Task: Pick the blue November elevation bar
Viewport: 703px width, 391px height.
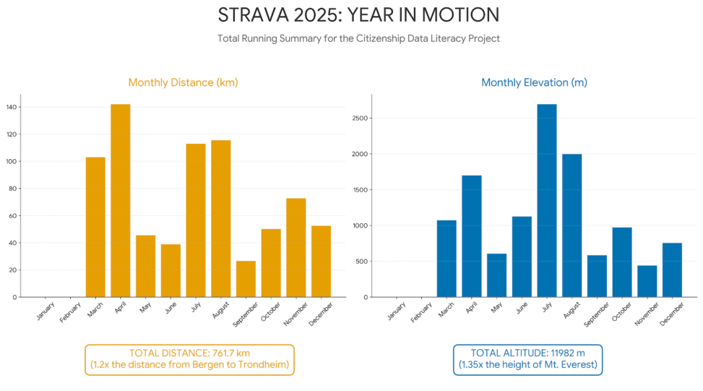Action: tap(647, 281)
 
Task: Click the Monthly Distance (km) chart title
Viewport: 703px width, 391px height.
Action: tap(183, 82)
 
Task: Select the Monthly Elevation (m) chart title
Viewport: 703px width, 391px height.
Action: tap(534, 82)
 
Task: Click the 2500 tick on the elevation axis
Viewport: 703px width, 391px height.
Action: tap(361, 118)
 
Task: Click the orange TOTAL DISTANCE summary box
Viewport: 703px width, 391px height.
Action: tap(189, 359)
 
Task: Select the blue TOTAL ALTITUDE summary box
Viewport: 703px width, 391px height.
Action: tap(527, 359)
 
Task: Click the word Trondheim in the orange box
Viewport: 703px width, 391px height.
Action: tap(264, 366)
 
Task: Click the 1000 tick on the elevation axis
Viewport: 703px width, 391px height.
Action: tap(361, 225)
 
